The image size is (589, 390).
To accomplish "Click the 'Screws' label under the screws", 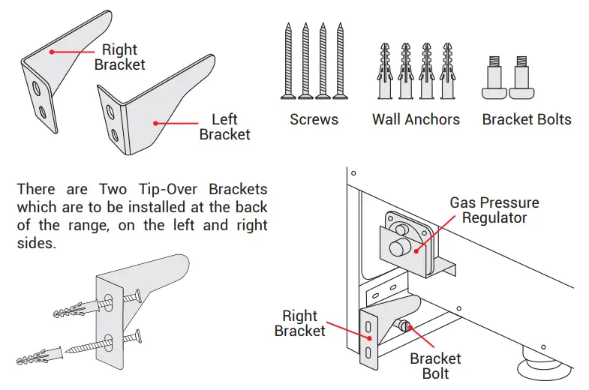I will point(314,119).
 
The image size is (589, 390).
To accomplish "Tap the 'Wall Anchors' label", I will point(416,119).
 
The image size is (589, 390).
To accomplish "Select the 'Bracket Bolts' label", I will point(526,119).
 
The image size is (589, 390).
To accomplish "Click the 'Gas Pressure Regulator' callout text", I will point(494,210).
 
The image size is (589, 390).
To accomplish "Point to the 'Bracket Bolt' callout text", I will point(435,366).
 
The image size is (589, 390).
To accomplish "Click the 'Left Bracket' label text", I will point(224,127).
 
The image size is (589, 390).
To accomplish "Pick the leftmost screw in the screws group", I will point(288,61).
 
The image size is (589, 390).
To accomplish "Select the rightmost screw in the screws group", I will point(341,61).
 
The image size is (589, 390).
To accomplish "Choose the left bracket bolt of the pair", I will point(494,80).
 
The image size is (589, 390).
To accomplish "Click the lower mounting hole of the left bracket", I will point(113,135).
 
